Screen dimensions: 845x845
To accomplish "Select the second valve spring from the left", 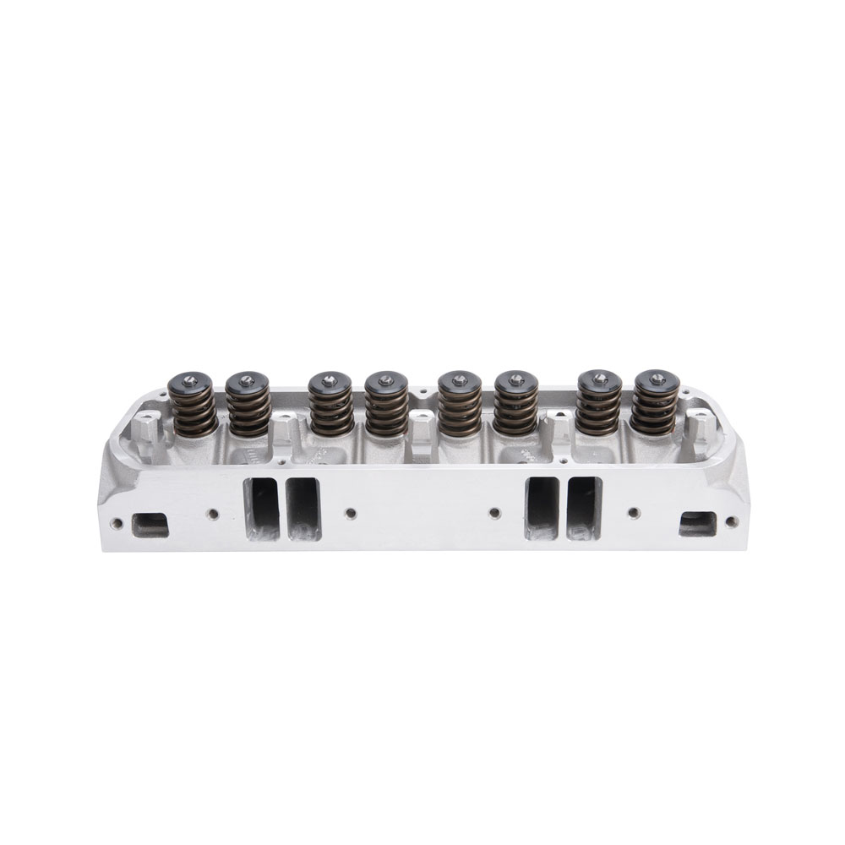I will (248, 410).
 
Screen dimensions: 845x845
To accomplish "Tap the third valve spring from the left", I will (330, 410).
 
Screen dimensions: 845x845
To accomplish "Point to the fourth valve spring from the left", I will (387, 410).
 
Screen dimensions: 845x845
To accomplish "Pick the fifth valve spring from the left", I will (460, 410).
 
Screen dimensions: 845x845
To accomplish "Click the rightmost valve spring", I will (655, 410).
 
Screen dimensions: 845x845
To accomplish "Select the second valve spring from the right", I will (598, 410).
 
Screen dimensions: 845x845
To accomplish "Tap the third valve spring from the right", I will (516, 410).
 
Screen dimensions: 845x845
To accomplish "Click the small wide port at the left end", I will (150, 525).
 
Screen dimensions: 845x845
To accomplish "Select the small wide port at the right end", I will (697, 524).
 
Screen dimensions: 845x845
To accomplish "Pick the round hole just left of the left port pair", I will (213, 512).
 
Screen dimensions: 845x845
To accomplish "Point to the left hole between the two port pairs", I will (351, 511).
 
